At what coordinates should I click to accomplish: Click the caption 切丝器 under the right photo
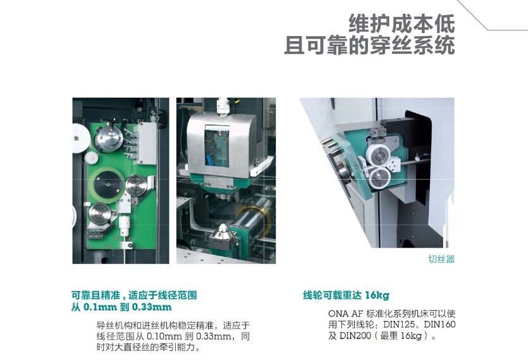tap(441, 259)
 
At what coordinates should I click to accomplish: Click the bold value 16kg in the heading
tap(377, 295)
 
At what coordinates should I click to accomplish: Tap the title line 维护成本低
tap(402, 23)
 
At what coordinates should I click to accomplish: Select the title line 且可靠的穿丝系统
tap(369, 46)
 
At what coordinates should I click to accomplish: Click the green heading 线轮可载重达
tap(333, 295)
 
